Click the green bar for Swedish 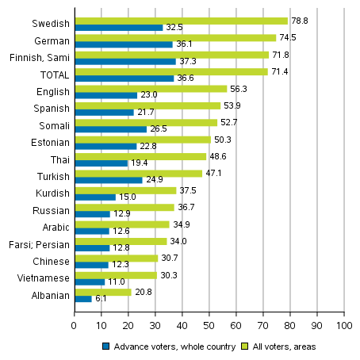[x=181, y=21]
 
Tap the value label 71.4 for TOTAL [x=279, y=71]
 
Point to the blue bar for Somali [x=110, y=129]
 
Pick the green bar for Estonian [x=142, y=140]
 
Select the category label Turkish [x=52, y=176]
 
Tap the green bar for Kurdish [x=124, y=190]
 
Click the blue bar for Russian [x=92, y=213]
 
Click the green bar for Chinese [x=116, y=258]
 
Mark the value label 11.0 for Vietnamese [x=117, y=281]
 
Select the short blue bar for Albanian [x=82, y=298]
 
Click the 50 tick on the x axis [x=209, y=325]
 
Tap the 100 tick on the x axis [x=344, y=325]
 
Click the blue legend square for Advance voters [x=105, y=346]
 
